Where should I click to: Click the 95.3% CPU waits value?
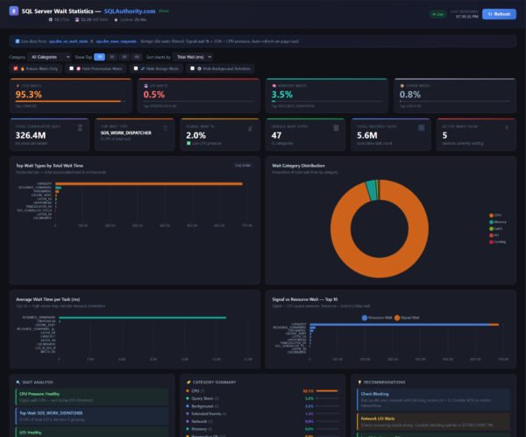click(x=29, y=95)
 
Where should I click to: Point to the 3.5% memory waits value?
click(x=282, y=95)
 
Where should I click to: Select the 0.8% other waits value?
click(x=410, y=95)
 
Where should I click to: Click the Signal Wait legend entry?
click(x=409, y=317)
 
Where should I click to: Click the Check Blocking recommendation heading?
click(x=374, y=394)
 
